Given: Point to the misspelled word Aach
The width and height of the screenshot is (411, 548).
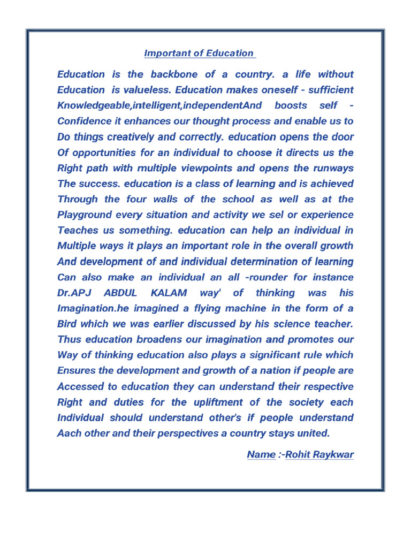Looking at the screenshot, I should coord(68,433).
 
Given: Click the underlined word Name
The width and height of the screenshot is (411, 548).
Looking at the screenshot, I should coord(261,455).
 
